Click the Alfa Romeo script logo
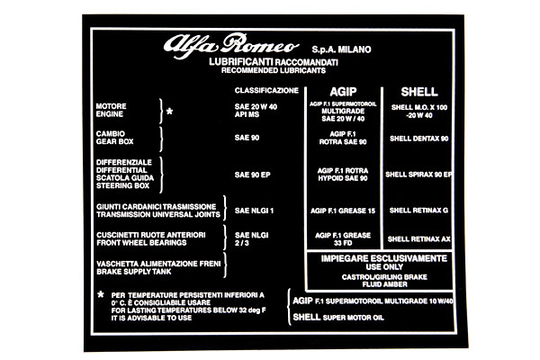231,46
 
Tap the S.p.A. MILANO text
341,49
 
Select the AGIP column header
343,92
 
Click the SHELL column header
419,92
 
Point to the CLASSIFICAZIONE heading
266,91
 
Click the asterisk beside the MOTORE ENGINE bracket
169,112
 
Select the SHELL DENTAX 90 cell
419,139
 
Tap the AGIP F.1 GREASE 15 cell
343,211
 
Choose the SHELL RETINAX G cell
418,211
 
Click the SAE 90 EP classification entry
252,175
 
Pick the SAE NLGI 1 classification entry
254,211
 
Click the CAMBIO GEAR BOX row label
114,138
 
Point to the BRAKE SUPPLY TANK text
133,272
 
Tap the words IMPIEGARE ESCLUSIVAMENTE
384,258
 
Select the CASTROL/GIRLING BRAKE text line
384,277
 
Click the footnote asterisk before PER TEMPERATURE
101,294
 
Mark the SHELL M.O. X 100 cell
419,107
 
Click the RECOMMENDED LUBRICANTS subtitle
274,70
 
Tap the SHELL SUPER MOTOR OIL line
338,317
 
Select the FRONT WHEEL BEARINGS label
141,243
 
